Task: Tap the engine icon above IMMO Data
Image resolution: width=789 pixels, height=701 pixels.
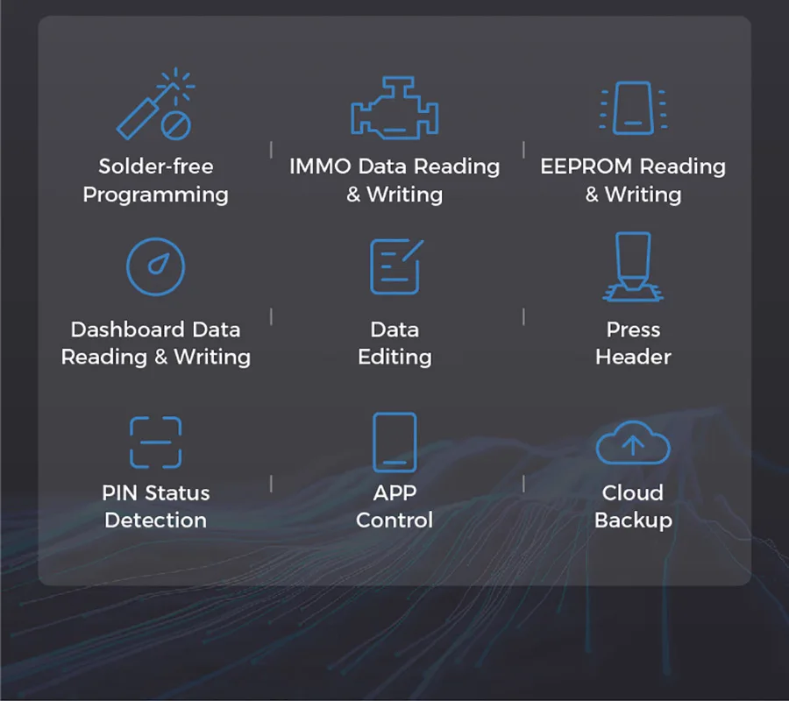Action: pyautogui.click(x=394, y=108)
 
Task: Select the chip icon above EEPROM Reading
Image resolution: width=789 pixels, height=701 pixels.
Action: pyautogui.click(x=633, y=108)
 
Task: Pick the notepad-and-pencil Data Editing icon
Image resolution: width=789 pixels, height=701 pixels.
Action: pyautogui.click(x=396, y=266)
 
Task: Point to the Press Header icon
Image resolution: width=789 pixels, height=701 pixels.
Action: pyautogui.click(x=633, y=266)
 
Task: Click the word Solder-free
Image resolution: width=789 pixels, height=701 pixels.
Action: pyautogui.click(x=156, y=166)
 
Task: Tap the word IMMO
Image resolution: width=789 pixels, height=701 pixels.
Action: pyautogui.click(x=320, y=166)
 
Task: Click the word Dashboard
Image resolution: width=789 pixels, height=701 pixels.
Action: pyautogui.click(x=127, y=329)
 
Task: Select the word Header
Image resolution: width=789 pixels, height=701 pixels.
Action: pyautogui.click(x=633, y=357)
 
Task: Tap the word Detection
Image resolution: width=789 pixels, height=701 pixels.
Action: pyautogui.click(x=155, y=520)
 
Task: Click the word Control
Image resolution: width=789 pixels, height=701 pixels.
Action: pyautogui.click(x=394, y=520)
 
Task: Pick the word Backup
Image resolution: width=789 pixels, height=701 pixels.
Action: pyautogui.click(x=633, y=520)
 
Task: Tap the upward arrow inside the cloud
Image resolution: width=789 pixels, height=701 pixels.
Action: pyautogui.click(x=633, y=445)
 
